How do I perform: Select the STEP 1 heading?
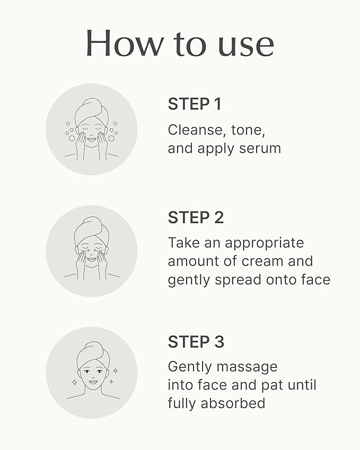click(x=194, y=104)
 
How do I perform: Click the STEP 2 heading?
click(x=196, y=217)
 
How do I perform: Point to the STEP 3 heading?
click(x=196, y=342)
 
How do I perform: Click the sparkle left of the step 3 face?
click(x=74, y=381)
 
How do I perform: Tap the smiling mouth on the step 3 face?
click(x=92, y=381)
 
